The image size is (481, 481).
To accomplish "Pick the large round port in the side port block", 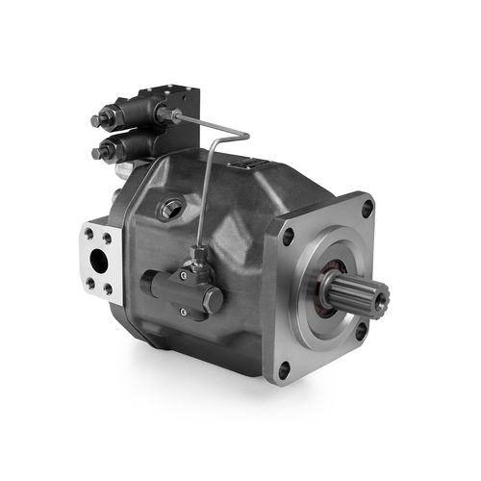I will pyautogui.click(x=98, y=259).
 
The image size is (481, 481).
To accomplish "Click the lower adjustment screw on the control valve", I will pyautogui.click(x=97, y=154).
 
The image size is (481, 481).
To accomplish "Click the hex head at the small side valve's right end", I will pyautogui.click(x=213, y=300).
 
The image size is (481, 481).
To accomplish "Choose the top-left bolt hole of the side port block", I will pyautogui.click(x=89, y=232).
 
